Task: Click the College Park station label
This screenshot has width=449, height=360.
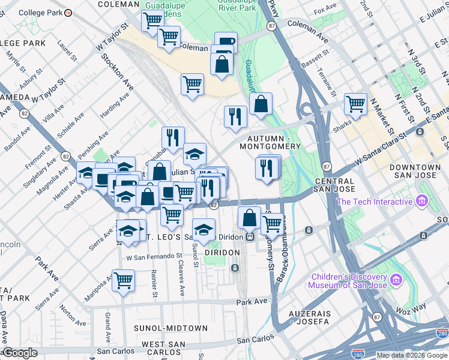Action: coord(40,12)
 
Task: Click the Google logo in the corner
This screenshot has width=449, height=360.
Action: coord(20,353)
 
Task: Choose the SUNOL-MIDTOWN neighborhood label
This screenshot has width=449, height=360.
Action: coord(170,328)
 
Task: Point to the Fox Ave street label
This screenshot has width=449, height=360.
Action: coord(325,10)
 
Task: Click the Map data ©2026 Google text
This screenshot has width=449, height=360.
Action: coord(412,355)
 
